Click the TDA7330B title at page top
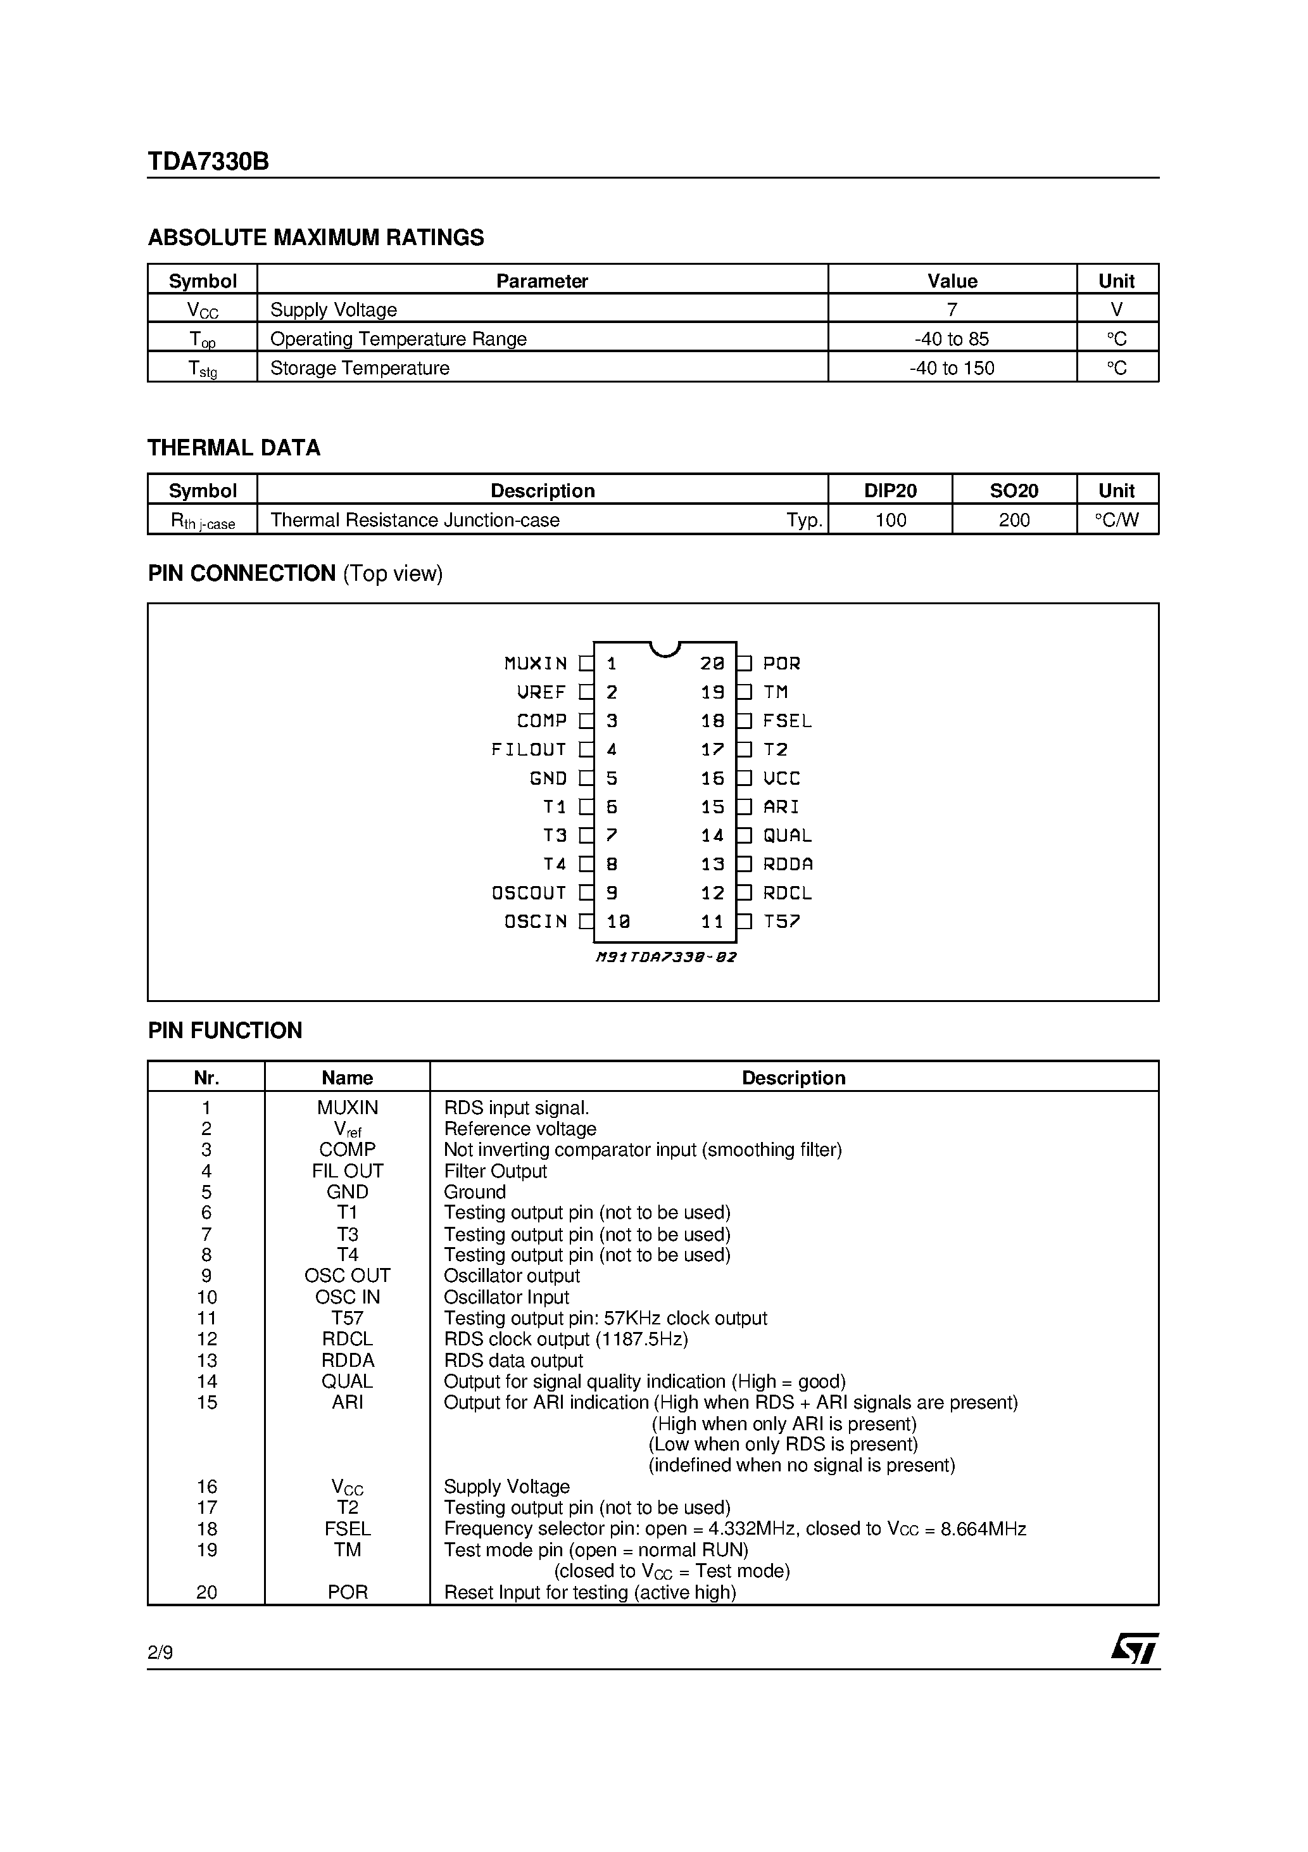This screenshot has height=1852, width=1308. [x=208, y=162]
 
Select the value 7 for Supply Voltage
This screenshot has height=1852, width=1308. [x=952, y=310]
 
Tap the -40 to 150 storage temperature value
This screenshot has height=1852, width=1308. [x=952, y=368]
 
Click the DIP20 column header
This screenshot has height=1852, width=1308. [x=890, y=490]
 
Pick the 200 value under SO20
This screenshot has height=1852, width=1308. [x=1014, y=520]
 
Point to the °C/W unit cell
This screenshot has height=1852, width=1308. [x=1117, y=520]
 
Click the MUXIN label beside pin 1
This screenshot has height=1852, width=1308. [x=536, y=664]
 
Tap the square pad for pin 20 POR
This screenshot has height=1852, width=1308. [x=745, y=664]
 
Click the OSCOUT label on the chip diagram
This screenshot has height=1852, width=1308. [x=529, y=893]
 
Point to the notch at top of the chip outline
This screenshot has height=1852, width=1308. [x=665, y=649]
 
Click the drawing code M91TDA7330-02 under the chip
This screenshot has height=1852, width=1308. [x=666, y=958]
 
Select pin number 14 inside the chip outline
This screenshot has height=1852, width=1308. [x=712, y=835]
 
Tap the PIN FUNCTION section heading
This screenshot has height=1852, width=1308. [x=225, y=1031]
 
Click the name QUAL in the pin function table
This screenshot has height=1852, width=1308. [x=347, y=1382]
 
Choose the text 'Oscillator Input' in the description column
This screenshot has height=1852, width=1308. [x=506, y=1297]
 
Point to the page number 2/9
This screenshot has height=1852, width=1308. [x=160, y=1652]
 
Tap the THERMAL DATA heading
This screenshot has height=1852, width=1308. [x=234, y=448]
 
